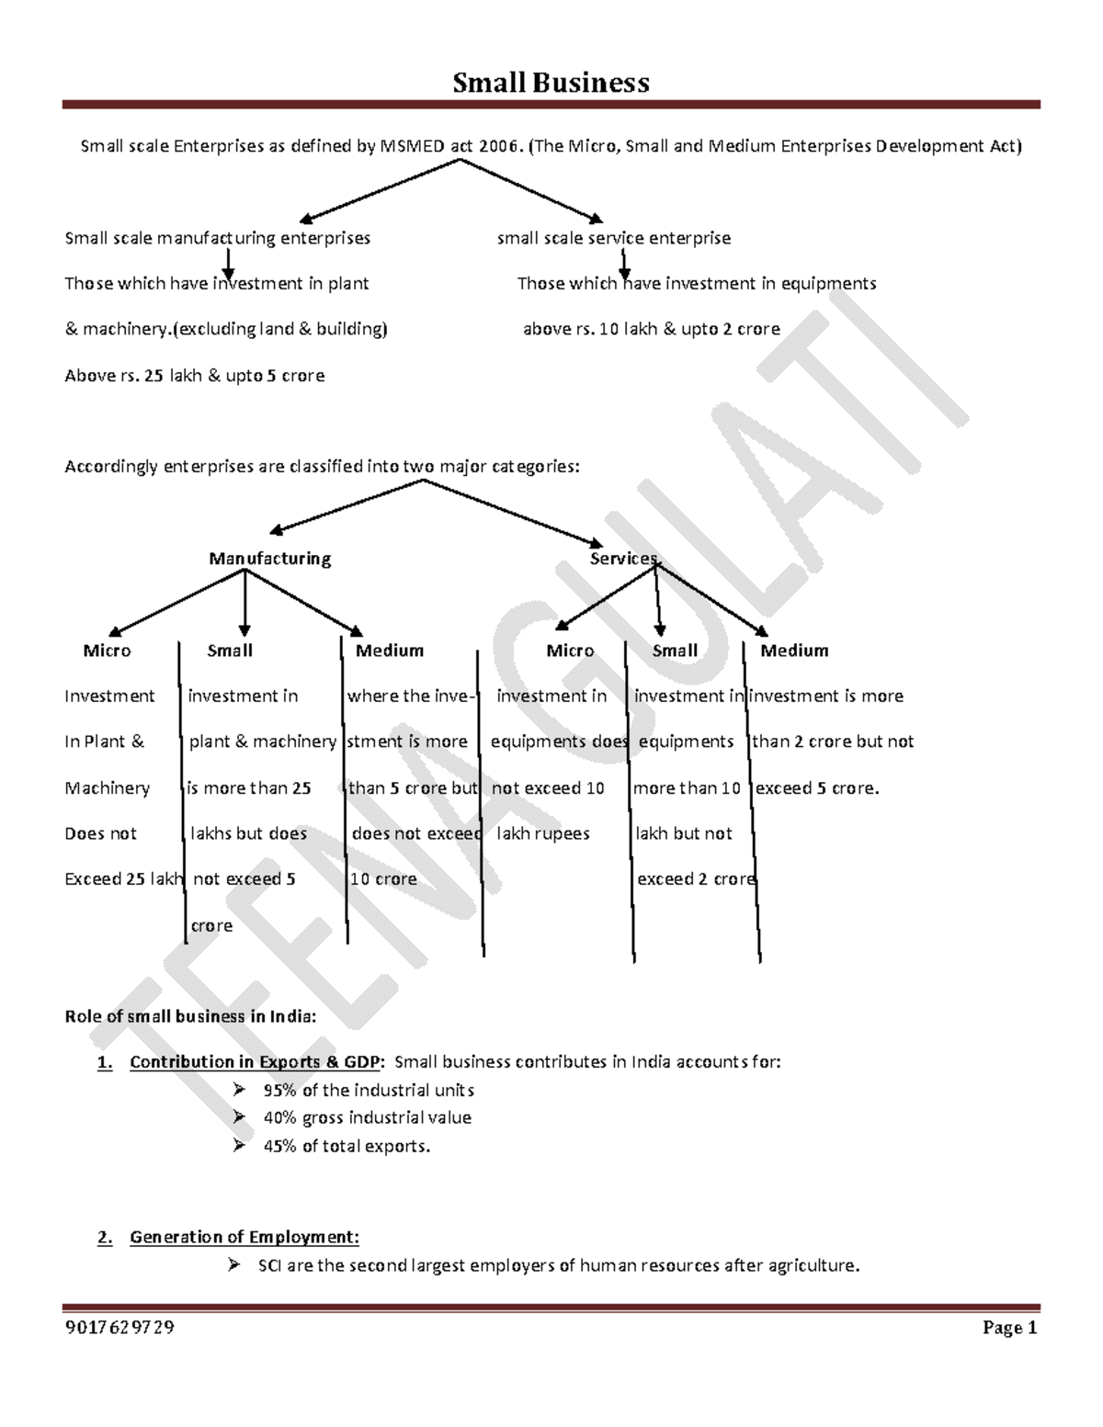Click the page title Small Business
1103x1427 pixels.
[x=551, y=83]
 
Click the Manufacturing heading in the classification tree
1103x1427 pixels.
[x=269, y=559]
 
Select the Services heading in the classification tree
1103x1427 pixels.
[x=623, y=559]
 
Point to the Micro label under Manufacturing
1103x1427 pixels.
[x=107, y=651]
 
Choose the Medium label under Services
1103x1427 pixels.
[x=794, y=651]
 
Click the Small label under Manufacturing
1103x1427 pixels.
[x=230, y=651]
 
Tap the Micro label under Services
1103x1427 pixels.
[x=570, y=651]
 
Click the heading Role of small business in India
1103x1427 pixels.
[x=190, y=1016]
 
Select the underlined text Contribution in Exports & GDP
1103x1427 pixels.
[x=255, y=1062]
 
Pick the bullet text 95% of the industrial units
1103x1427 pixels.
[x=369, y=1091]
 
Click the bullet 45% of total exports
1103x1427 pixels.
[x=347, y=1146]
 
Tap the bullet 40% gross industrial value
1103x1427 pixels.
[x=367, y=1118]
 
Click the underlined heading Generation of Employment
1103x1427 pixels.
[x=244, y=1237]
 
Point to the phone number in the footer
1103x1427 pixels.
[x=119, y=1328]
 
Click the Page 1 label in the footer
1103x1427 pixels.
[x=1009, y=1328]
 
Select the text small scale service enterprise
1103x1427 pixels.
[x=614, y=238]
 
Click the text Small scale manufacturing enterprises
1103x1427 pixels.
[x=217, y=238]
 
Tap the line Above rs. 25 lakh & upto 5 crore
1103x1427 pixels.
[x=194, y=376]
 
